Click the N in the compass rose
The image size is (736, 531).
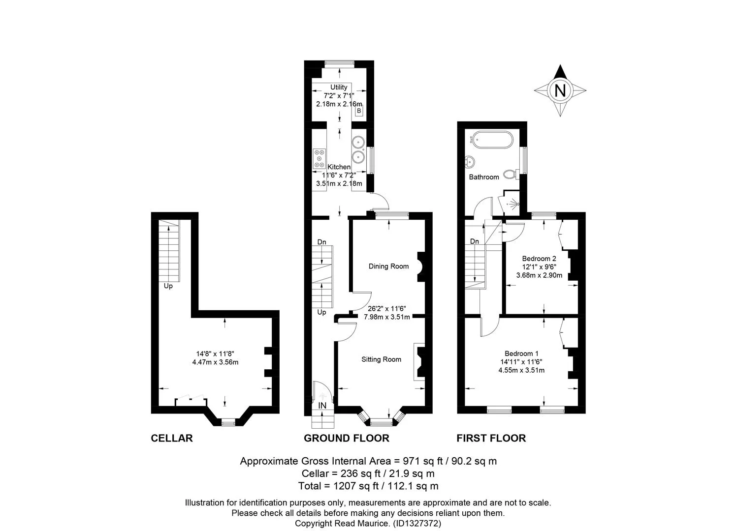tap(560, 90)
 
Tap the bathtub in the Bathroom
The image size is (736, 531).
tap(492, 140)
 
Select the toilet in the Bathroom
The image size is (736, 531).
tap(511, 174)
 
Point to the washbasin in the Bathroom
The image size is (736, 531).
tap(470, 161)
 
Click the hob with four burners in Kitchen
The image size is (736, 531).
tap(319, 159)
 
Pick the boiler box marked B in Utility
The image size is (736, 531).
tap(359, 111)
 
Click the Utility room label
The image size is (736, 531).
tap(339, 88)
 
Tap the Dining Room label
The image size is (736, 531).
tap(389, 266)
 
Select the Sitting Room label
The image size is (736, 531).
tap(381, 359)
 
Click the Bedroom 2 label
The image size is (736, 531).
tap(539, 259)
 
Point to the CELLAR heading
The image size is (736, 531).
tap(171, 438)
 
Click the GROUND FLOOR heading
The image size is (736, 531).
tap(346, 438)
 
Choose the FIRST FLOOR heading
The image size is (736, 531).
tap(491, 438)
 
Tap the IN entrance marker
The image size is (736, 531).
tap(322, 406)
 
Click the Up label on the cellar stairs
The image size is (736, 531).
tap(168, 286)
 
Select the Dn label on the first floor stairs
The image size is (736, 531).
tap(475, 241)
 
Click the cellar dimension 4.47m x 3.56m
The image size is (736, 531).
tap(215, 362)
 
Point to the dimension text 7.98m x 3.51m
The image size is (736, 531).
tap(387, 317)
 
